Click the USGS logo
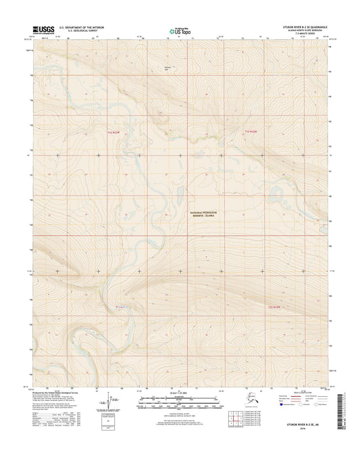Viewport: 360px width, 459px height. tap(40, 30)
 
